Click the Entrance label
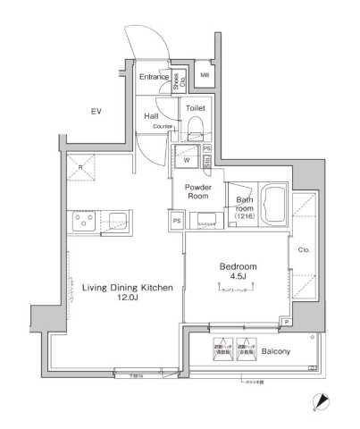pyautogui.click(x=154, y=78)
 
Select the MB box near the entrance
pyautogui.click(x=205, y=77)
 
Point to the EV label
pyautogui.click(x=96, y=111)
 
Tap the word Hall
pyautogui.click(x=152, y=115)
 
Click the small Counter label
pyautogui.click(x=162, y=127)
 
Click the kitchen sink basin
pyautogui.click(x=117, y=221)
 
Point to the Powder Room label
pyautogui.click(x=197, y=192)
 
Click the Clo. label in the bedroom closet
pyautogui.click(x=304, y=250)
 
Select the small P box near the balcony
pyautogui.click(x=286, y=321)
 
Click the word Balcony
pyautogui.click(x=275, y=352)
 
